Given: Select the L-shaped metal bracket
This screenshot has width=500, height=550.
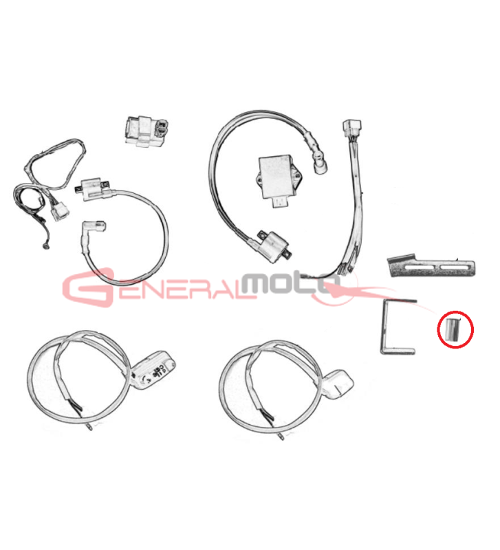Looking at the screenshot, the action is pos(386,326).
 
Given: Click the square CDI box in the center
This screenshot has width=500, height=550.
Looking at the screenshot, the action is pos(278,179).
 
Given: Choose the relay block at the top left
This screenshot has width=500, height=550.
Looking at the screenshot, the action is pos(146,131).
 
